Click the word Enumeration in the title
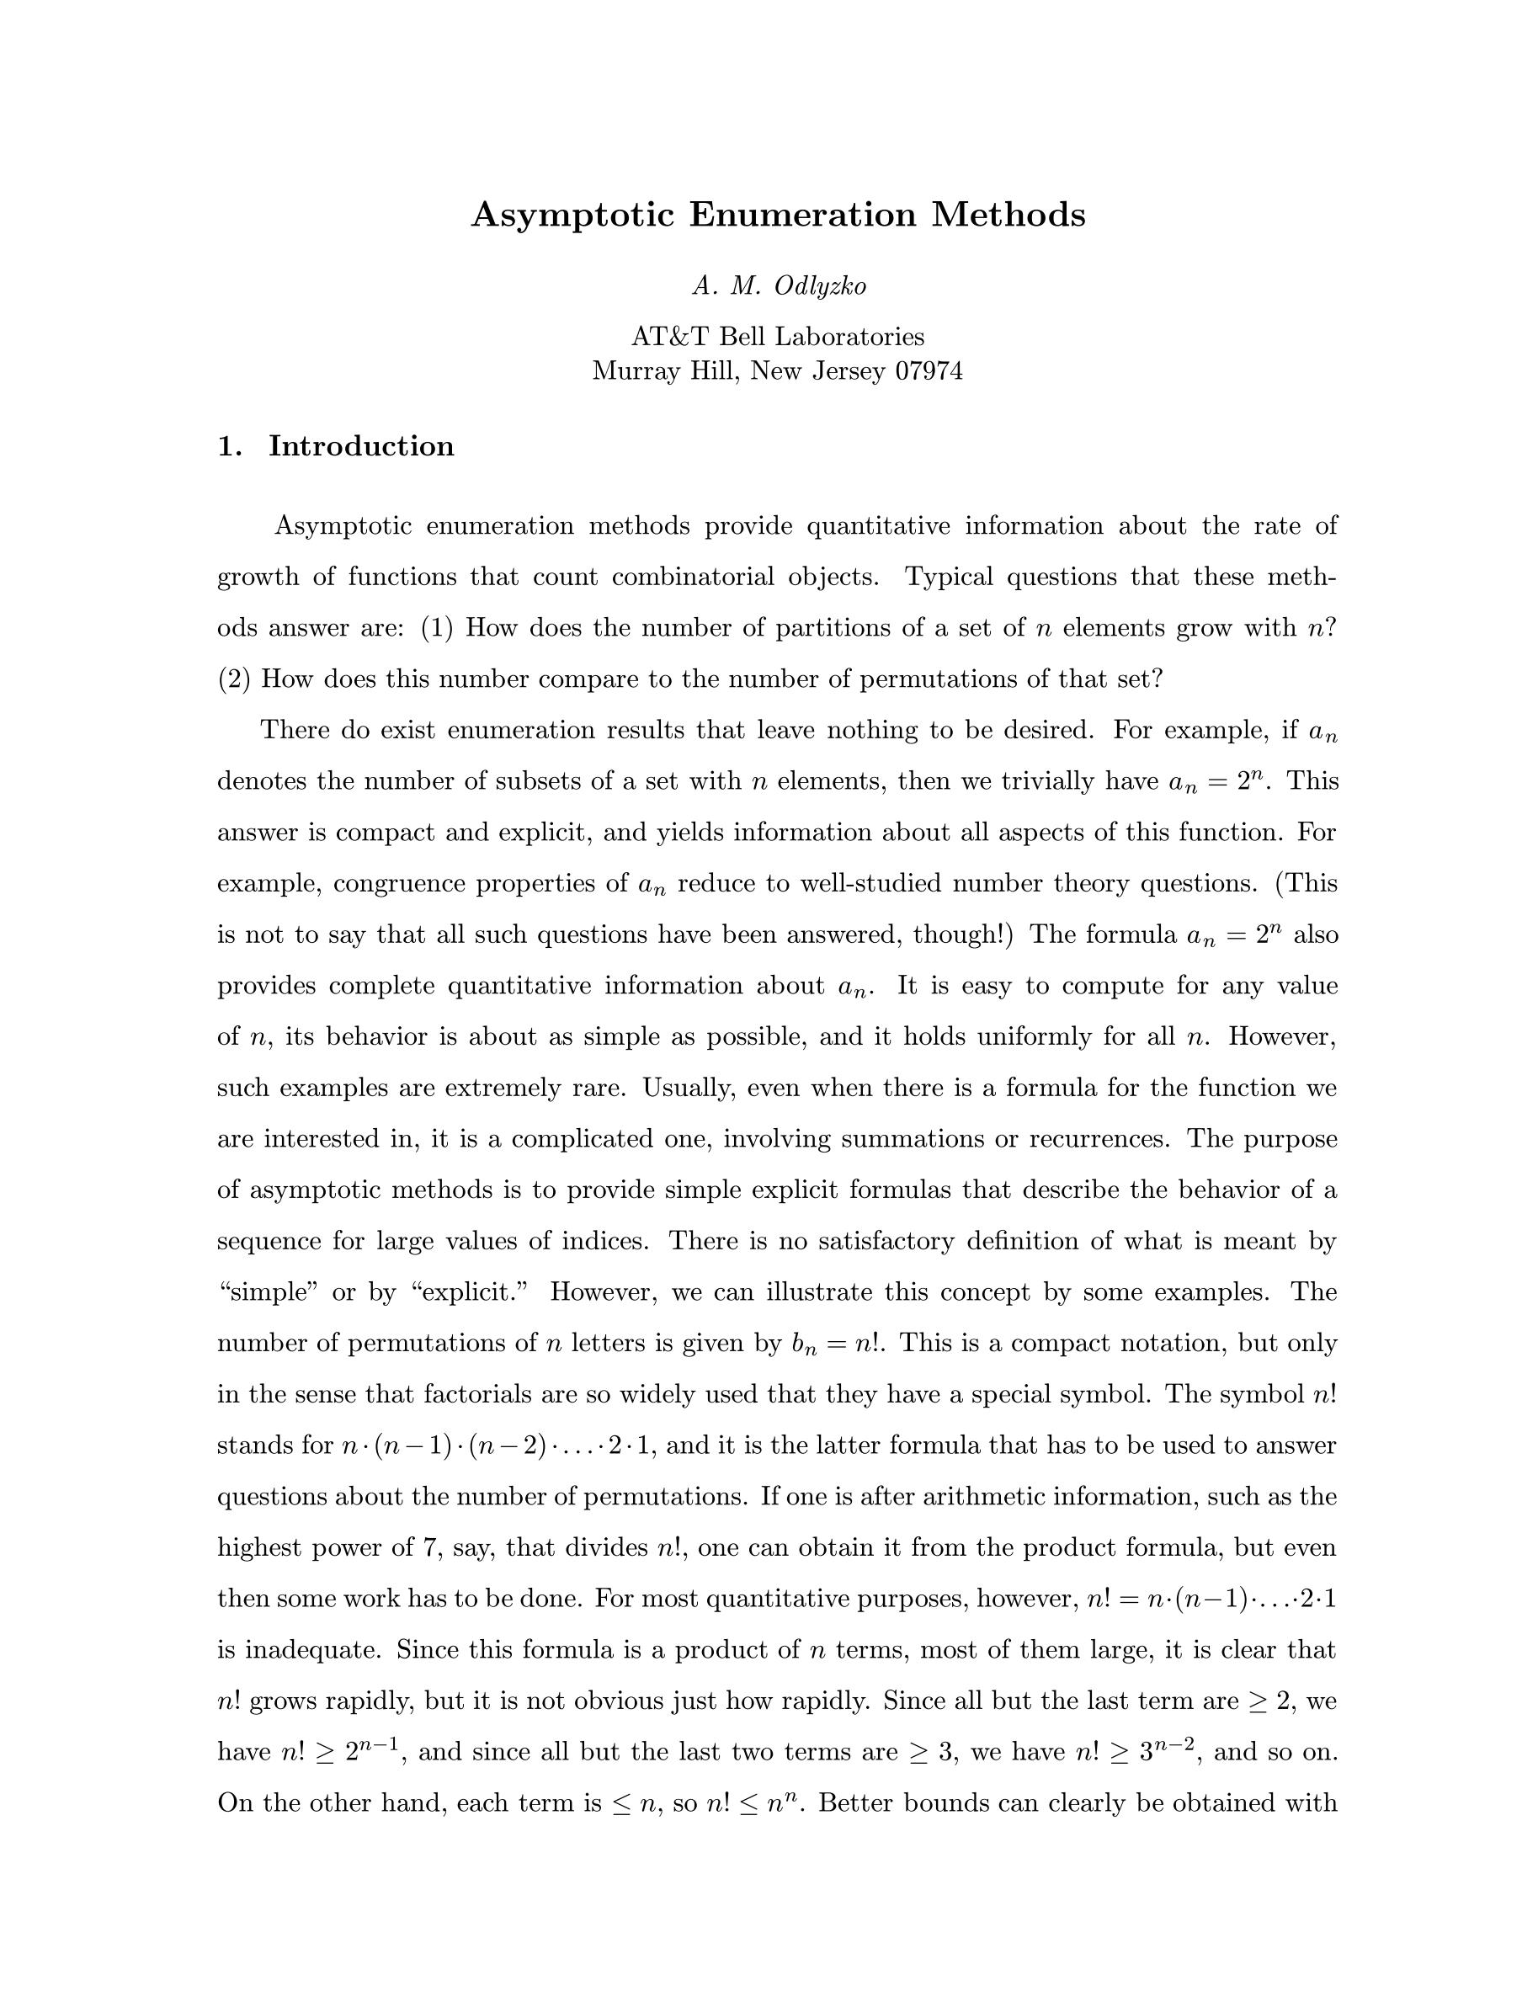[x=802, y=216]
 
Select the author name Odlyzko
[x=820, y=286]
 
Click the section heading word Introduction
[x=361, y=447]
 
